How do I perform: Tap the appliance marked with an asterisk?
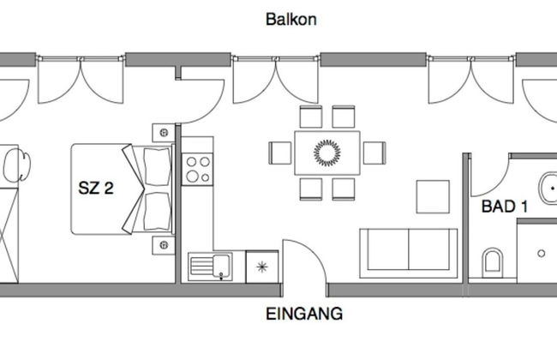click(261, 265)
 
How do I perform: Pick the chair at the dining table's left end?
click(281, 153)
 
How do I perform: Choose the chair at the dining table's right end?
click(373, 153)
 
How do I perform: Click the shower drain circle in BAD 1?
click(542, 254)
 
